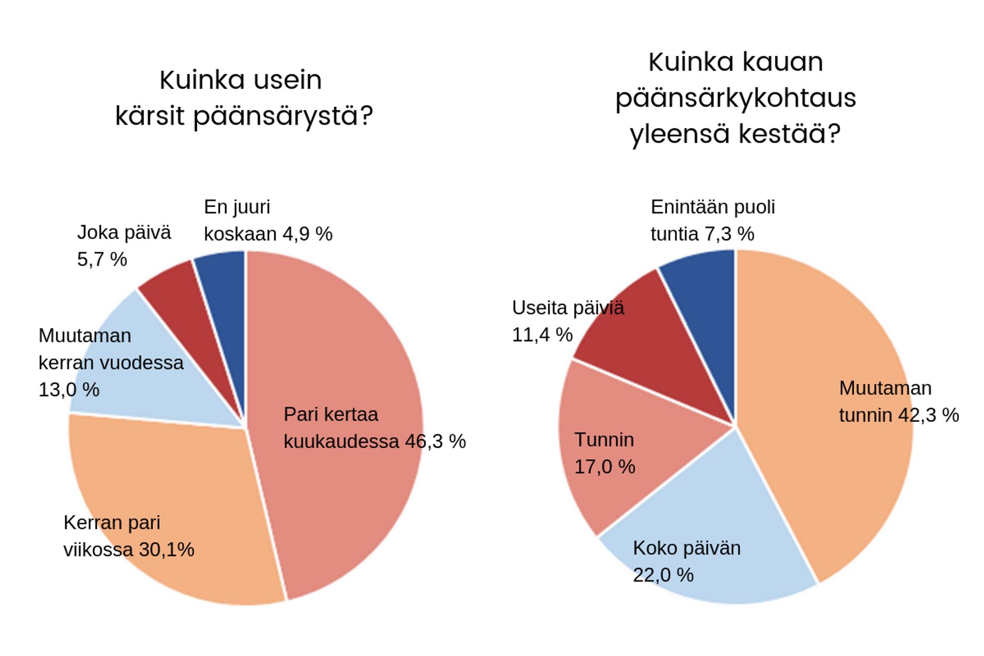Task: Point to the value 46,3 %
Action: [x=435, y=442]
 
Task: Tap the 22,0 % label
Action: [x=663, y=576]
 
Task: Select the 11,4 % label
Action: [x=542, y=335]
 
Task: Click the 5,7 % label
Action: [x=102, y=259]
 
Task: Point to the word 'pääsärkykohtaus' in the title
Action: [x=735, y=98]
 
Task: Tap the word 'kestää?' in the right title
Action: [x=790, y=134]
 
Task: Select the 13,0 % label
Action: [x=69, y=390]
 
